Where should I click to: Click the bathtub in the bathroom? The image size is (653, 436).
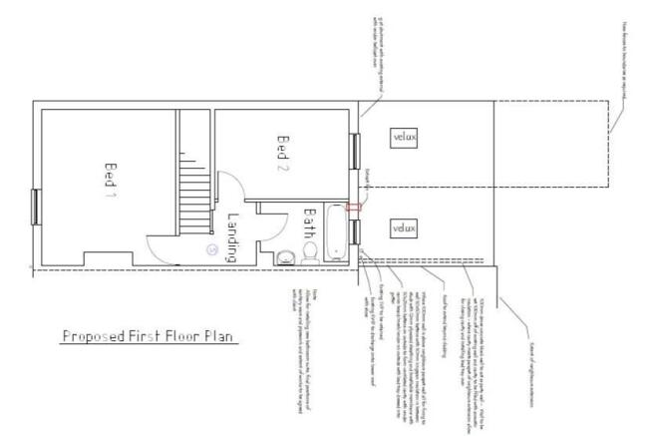tap(337, 235)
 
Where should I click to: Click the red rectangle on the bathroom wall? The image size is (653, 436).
tap(352, 207)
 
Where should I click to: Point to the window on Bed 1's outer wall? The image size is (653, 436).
tap(36, 207)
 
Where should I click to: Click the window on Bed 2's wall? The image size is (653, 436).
tap(353, 152)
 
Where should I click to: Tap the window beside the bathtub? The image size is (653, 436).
tap(354, 237)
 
